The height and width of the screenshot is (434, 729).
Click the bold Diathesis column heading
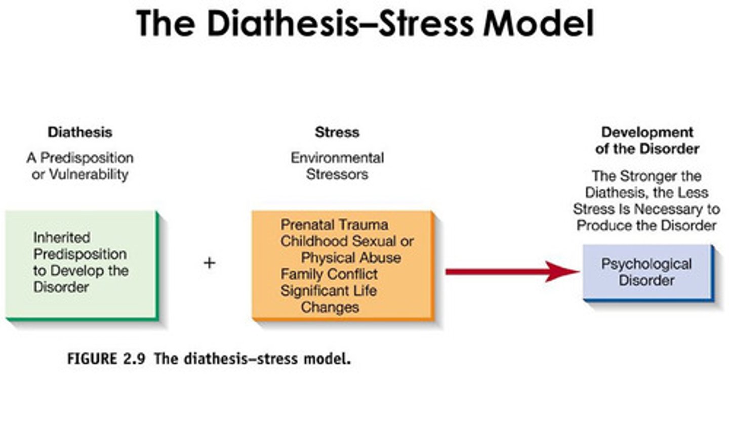80,132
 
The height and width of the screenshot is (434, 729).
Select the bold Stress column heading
337,132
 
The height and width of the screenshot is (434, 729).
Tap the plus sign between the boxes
209,263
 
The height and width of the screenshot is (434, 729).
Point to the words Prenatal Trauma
334,225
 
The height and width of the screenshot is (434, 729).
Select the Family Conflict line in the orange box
329,274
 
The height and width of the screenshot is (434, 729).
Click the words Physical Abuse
351,257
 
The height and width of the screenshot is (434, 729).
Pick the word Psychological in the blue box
646,264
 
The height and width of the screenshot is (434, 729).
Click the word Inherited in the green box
62,237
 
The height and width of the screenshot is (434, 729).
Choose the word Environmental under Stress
337,158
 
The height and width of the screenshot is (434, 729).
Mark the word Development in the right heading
647,132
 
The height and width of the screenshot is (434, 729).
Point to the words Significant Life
329,291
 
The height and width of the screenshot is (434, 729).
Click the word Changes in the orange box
330,308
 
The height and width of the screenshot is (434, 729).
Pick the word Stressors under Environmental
337,175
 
